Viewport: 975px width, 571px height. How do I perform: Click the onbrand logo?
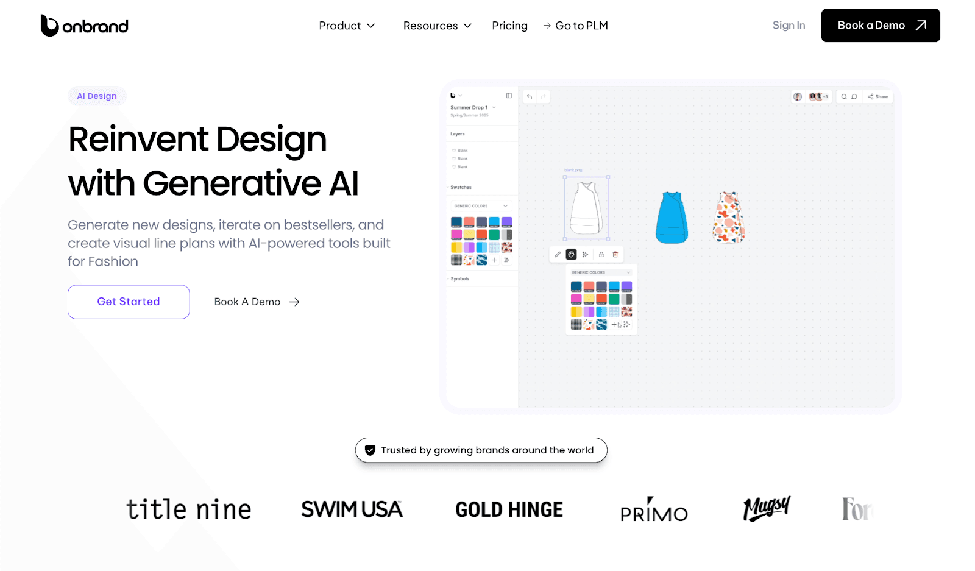pyautogui.click(x=84, y=26)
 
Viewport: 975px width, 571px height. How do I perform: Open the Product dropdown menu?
pyautogui.click(x=347, y=26)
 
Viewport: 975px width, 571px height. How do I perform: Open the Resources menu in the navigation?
pyautogui.click(x=437, y=26)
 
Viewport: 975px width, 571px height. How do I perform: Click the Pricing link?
pyautogui.click(x=509, y=26)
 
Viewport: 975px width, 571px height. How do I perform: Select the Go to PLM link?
pyautogui.click(x=576, y=26)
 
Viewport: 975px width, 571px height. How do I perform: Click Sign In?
pyautogui.click(x=789, y=25)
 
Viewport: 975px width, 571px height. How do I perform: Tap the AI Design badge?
pyautogui.click(x=97, y=96)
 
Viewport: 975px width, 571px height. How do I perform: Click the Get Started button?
pyautogui.click(x=129, y=302)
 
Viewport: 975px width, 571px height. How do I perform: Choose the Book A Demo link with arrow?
pyautogui.click(x=257, y=302)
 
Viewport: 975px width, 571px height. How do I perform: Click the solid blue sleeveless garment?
pyautogui.click(x=672, y=218)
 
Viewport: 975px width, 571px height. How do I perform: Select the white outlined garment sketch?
pyautogui.click(x=586, y=208)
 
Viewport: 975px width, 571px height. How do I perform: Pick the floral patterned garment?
pyautogui.click(x=729, y=217)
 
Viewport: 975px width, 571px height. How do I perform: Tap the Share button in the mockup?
pyautogui.click(x=878, y=96)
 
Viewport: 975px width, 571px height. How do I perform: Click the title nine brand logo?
pyautogui.click(x=188, y=509)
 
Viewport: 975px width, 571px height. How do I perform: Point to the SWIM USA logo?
pyautogui.click(x=352, y=509)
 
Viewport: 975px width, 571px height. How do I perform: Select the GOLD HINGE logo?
pyautogui.click(x=509, y=509)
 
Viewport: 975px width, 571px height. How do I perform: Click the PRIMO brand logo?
pyautogui.click(x=654, y=511)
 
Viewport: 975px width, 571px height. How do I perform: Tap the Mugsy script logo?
pyautogui.click(x=767, y=508)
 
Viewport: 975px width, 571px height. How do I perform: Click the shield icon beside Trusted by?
pyautogui.click(x=370, y=450)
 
